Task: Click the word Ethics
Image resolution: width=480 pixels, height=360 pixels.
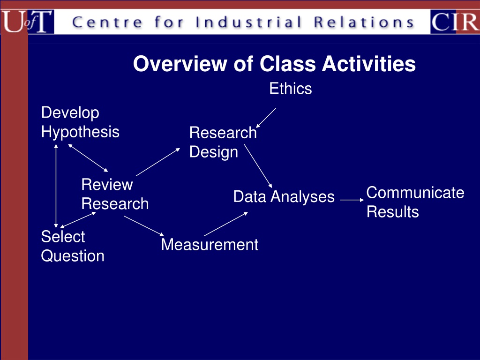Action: tap(291, 89)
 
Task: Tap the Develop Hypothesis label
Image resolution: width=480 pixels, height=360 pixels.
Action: tap(80, 122)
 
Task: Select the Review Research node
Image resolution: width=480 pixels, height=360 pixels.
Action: tap(115, 194)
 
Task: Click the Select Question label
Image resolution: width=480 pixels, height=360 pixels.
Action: tap(73, 247)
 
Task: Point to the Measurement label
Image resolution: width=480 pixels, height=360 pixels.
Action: tap(210, 245)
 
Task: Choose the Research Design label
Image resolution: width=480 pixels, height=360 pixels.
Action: tap(223, 142)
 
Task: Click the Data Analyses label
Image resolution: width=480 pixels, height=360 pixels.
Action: tap(284, 196)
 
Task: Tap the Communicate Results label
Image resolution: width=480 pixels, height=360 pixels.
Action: tap(415, 202)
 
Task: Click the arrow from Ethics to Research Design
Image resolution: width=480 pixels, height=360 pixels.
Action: tap(266, 118)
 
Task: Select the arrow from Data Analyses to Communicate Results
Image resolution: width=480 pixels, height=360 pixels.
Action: tap(352, 200)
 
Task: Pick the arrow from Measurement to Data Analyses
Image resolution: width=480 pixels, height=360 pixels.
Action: tap(226, 224)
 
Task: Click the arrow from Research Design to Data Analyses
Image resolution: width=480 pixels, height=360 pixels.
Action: tap(258, 165)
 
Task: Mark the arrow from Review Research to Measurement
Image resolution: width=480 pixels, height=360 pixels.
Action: tap(144, 226)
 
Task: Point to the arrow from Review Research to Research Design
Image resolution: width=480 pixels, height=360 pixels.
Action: tap(158, 162)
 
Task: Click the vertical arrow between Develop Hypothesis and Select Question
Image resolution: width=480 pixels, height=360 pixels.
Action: tap(56, 186)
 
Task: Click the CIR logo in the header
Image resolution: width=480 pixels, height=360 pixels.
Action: tap(455, 22)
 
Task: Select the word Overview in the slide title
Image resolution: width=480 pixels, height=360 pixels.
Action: tap(180, 64)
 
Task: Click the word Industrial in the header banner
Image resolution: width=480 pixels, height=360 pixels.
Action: tap(248, 22)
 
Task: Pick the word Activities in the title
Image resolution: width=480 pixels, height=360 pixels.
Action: tap(368, 64)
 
